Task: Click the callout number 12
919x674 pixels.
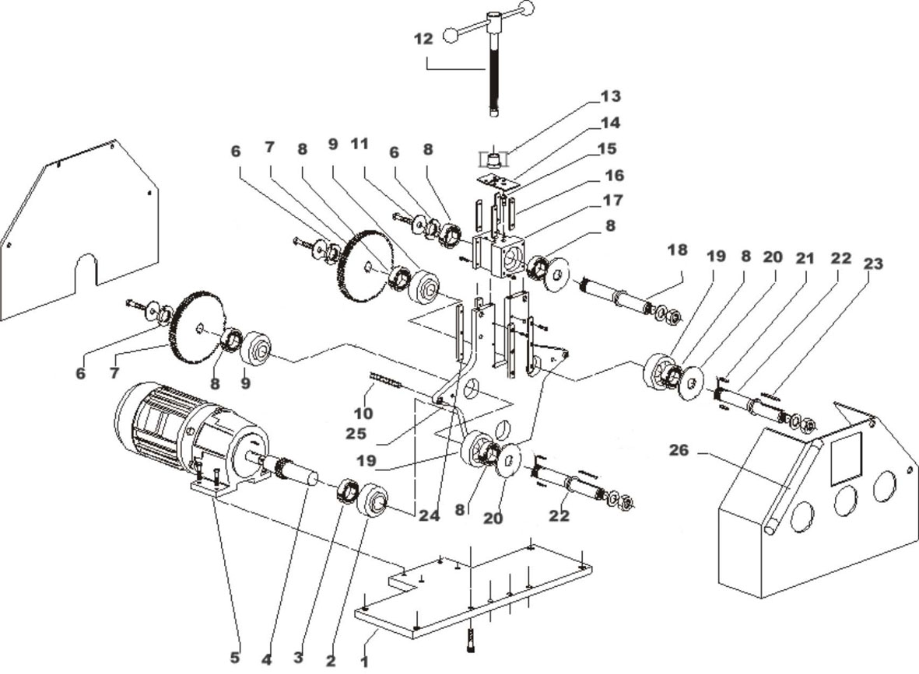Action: tap(423, 39)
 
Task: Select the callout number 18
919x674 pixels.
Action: tap(677, 250)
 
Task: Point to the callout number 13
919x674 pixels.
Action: tap(610, 96)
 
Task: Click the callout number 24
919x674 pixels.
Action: tap(429, 516)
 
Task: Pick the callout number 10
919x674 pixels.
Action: tap(363, 414)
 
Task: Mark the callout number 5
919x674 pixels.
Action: tap(234, 658)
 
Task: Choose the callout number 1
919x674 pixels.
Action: tap(364, 662)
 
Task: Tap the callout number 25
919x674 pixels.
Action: tap(356, 434)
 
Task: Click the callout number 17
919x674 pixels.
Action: tap(612, 201)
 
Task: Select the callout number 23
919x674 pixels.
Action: tap(872, 264)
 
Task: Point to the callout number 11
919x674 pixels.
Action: tap(359, 144)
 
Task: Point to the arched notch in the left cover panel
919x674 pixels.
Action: tap(86, 270)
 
